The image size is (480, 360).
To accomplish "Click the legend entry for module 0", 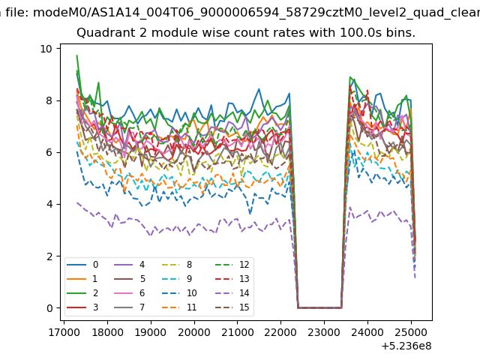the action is click(x=82, y=265).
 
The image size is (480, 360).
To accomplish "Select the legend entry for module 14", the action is click(x=232, y=293).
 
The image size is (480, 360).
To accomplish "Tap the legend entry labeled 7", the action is click(x=130, y=307).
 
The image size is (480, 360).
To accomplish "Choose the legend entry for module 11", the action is click(x=179, y=307).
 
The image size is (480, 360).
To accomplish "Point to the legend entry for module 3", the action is click(x=82, y=307).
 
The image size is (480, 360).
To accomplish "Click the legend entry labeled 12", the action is click(x=232, y=265).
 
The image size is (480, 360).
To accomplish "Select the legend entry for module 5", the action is click(x=130, y=278).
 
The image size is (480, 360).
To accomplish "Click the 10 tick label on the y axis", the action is click(x=46, y=49).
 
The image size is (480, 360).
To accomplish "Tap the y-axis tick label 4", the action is click(x=49, y=204).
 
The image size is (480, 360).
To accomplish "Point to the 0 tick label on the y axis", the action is click(x=49, y=308).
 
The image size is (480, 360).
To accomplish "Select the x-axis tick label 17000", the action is click(x=64, y=332).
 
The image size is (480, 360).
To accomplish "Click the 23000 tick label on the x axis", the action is click(x=324, y=332).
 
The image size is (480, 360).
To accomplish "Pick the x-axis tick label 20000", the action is click(x=194, y=332).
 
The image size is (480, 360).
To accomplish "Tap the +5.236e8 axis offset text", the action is click(x=406, y=346).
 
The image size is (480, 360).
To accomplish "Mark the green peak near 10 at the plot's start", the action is click(x=76, y=55).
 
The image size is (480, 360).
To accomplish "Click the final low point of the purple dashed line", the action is click(x=415, y=277).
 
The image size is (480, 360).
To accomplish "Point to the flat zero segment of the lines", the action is click(x=319, y=307).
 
